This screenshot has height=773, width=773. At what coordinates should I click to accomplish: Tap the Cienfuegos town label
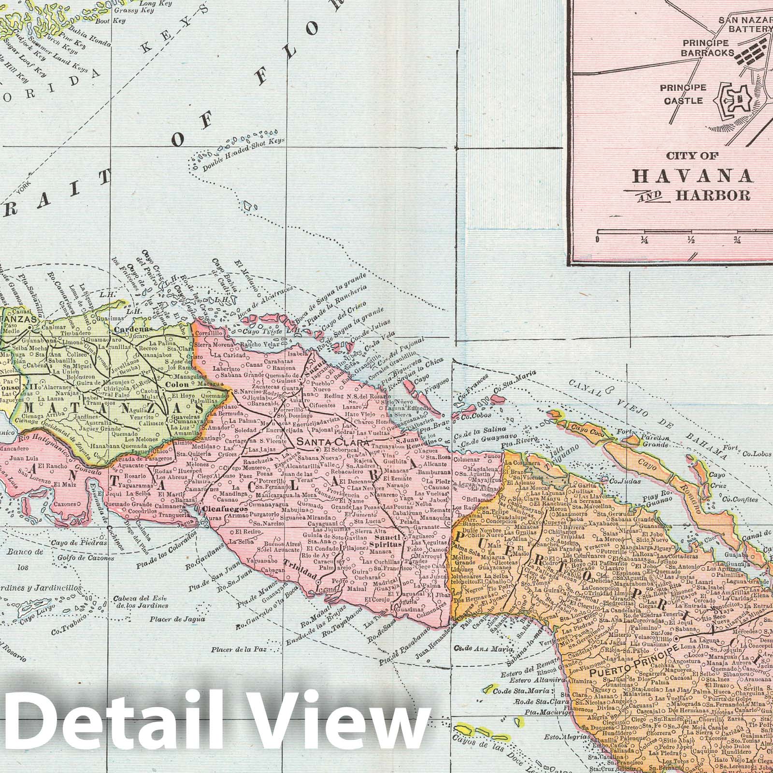pyautogui.click(x=218, y=509)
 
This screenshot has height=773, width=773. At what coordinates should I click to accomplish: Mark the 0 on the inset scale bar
pyautogui.click(x=598, y=240)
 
